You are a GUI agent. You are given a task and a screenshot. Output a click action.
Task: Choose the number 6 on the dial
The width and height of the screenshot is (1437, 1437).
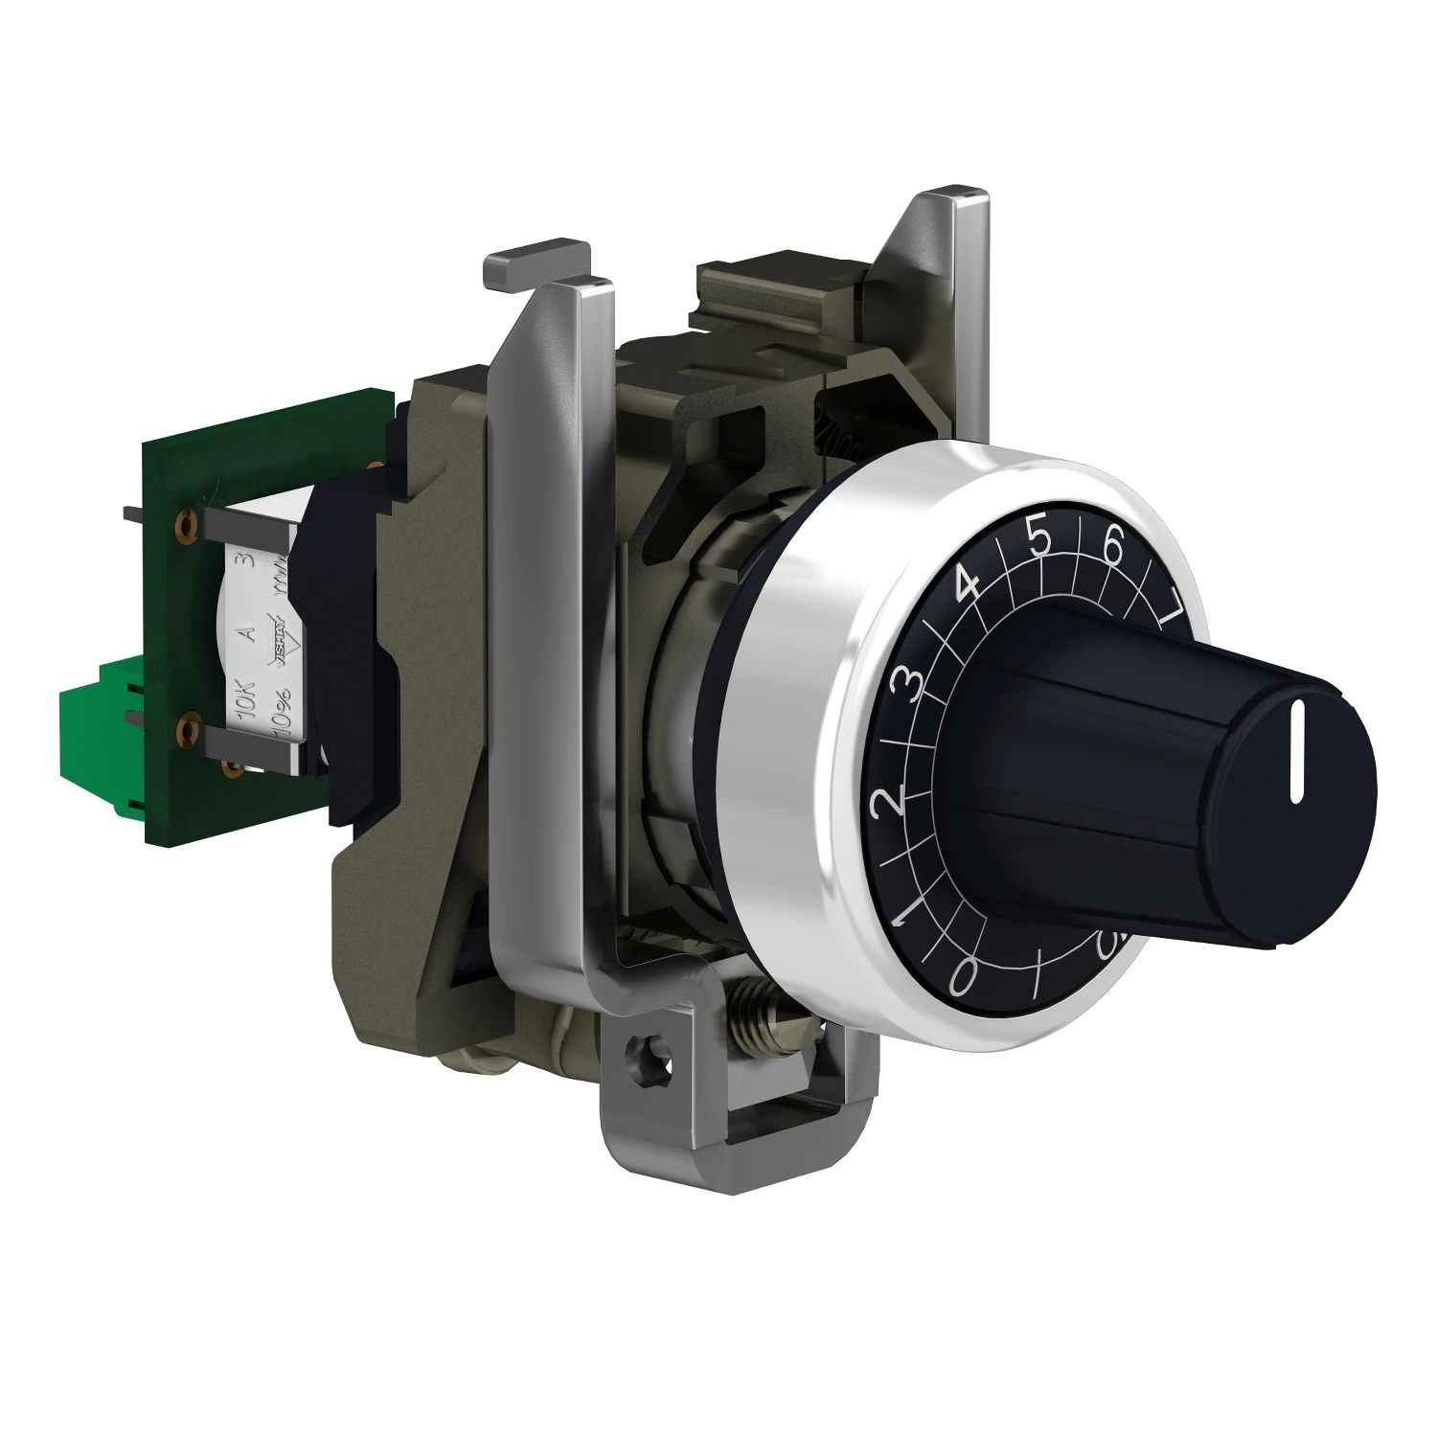[1113, 548]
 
